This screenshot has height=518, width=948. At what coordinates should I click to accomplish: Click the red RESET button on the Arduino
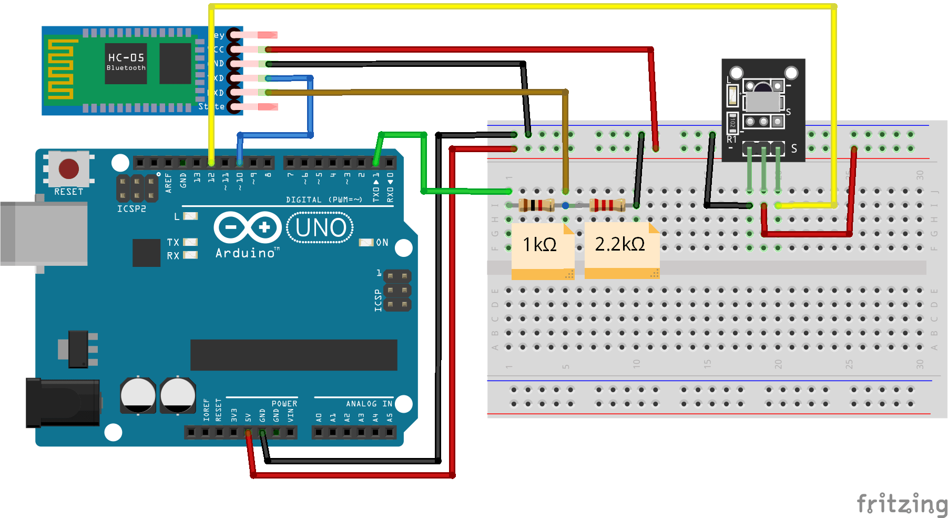click(x=69, y=169)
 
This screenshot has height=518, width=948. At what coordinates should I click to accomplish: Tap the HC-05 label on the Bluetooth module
click(x=126, y=57)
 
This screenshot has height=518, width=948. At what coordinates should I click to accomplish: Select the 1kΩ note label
click(x=539, y=245)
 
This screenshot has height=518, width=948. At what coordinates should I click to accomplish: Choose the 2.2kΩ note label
click(x=619, y=244)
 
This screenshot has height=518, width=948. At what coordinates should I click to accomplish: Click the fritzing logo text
click(x=902, y=504)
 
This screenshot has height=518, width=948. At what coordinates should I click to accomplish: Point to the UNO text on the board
click(x=321, y=228)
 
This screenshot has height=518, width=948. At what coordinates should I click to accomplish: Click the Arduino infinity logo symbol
click(x=247, y=227)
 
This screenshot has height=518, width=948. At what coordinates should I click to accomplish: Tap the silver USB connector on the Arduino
click(x=45, y=233)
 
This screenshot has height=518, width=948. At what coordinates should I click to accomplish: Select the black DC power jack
click(x=63, y=403)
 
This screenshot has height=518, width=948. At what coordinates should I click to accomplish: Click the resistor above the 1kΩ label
click(x=536, y=205)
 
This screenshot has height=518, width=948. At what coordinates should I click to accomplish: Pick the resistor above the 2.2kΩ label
click(x=607, y=205)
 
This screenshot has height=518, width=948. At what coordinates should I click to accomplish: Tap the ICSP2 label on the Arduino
click(x=131, y=209)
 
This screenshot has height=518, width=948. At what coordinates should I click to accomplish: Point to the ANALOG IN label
click(x=369, y=404)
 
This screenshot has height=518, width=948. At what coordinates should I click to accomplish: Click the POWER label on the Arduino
click(x=284, y=404)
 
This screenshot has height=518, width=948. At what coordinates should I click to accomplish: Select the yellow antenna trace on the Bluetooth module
click(x=60, y=69)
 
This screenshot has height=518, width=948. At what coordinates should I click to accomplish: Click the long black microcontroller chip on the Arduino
click(x=293, y=355)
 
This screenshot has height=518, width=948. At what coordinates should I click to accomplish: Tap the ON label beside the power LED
click(x=382, y=243)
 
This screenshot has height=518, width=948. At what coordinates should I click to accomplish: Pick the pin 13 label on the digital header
click(x=197, y=177)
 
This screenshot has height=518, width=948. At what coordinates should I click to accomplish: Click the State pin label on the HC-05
click(x=211, y=106)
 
